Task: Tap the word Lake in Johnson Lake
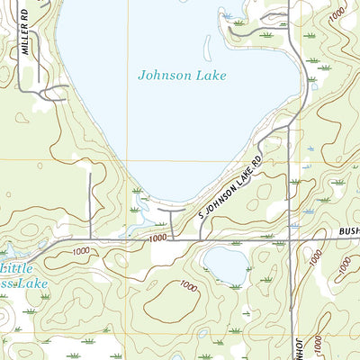pos(211,76)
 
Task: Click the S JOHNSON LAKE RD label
pos(230,187)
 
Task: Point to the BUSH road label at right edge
pos(349,231)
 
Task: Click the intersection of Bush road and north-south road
pos(291,239)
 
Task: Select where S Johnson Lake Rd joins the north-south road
pos(286,128)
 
